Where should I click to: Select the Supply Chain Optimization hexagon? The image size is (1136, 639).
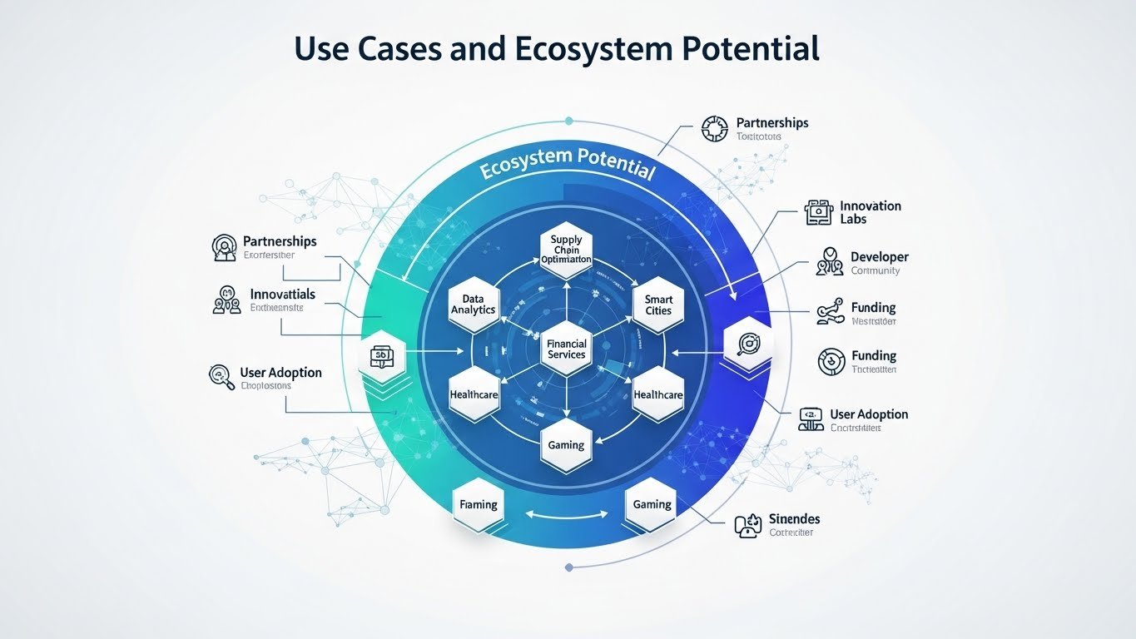[x=566, y=249]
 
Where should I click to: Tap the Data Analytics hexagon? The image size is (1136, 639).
[x=473, y=304]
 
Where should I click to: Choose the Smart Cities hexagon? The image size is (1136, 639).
[x=657, y=305]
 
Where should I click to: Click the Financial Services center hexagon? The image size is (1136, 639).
[x=566, y=349]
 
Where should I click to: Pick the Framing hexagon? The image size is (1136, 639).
[x=479, y=504]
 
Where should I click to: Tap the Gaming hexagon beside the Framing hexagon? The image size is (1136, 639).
[x=652, y=504]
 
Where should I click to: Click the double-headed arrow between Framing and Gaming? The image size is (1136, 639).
[x=565, y=514]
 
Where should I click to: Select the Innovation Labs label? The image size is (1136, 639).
[x=870, y=212]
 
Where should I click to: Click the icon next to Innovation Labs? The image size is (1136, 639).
[x=819, y=213]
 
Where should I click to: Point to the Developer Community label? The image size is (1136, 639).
[x=879, y=263]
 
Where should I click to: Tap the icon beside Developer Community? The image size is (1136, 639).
[x=830, y=261]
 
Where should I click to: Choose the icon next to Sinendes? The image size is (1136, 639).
[x=748, y=525]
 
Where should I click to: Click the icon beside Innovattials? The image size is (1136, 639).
[x=226, y=300]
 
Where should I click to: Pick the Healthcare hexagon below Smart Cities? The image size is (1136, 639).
[x=657, y=394]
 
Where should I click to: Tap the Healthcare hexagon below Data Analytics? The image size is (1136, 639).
[x=473, y=394]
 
